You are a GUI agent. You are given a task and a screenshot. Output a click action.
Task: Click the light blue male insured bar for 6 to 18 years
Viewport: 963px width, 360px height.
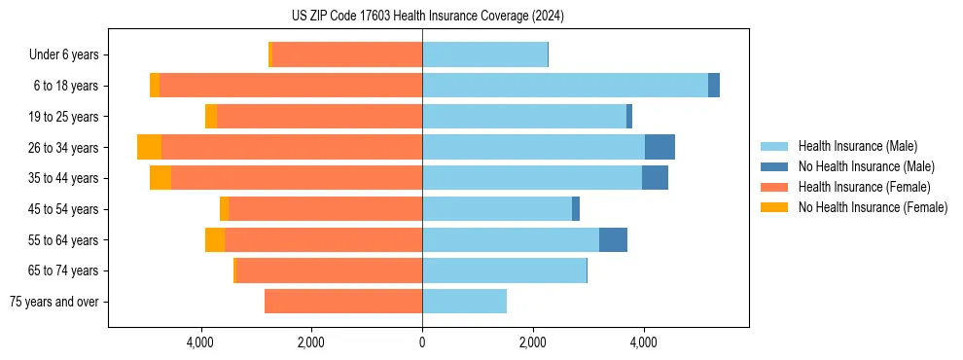click(564, 86)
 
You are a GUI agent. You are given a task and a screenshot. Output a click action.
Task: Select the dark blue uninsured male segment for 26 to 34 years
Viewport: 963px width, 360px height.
click(660, 147)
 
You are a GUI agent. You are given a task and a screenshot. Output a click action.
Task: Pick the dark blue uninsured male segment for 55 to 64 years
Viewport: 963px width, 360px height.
click(613, 239)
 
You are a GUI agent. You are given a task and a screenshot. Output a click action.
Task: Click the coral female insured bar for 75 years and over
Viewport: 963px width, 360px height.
click(342, 302)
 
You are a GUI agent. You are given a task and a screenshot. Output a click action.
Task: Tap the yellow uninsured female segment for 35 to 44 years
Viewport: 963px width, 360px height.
click(160, 178)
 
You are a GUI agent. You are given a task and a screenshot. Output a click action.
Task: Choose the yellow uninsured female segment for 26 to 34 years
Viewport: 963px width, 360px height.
click(149, 147)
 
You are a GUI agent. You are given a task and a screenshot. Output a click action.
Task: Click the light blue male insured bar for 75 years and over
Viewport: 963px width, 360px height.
click(464, 302)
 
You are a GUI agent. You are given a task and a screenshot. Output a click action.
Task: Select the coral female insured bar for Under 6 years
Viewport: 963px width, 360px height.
click(346, 54)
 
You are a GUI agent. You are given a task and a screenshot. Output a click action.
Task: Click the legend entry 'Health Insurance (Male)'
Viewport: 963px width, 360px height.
click(857, 146)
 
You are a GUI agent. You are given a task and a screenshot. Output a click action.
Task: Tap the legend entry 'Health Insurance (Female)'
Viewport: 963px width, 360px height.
click(864, 187)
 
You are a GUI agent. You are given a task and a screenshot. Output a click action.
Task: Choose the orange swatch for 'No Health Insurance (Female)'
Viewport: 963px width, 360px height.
click(774, 207)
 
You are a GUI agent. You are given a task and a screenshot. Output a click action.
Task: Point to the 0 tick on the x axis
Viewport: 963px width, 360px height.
click(422, 342)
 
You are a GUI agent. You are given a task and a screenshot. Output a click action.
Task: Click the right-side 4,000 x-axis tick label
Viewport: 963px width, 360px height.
click(643, 342)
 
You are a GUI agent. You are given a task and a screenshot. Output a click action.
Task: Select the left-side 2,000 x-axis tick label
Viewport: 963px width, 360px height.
click(311, 342)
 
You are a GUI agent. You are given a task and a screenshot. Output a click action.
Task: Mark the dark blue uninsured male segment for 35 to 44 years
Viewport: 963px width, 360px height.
click(655, 178)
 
